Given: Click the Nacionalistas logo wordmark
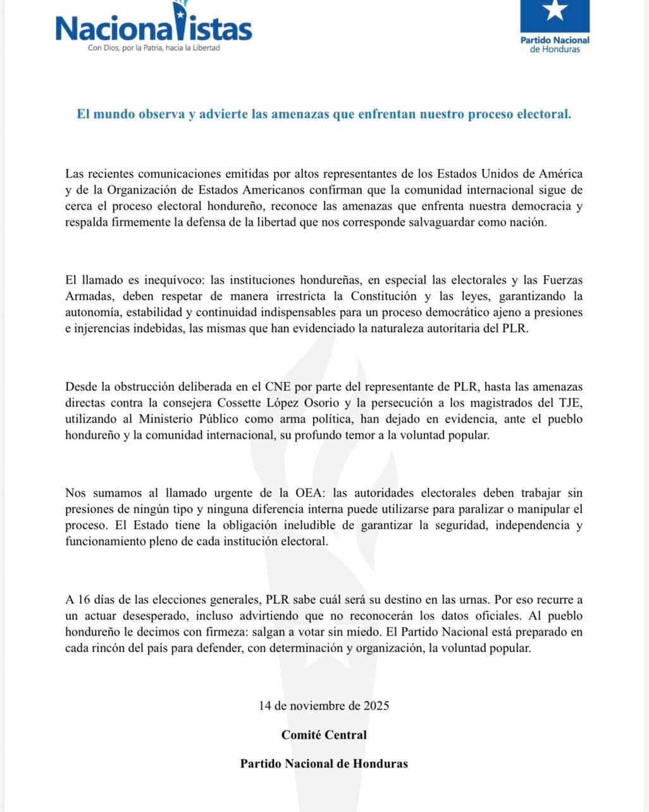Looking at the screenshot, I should [x=154, y=27].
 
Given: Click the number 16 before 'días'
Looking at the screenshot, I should [x=86, y=599].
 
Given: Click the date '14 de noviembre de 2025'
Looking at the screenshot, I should [x=324, y=705].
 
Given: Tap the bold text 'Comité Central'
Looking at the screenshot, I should [x=324, y=734].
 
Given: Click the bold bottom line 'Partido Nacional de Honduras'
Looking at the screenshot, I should [x=324, y=763].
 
